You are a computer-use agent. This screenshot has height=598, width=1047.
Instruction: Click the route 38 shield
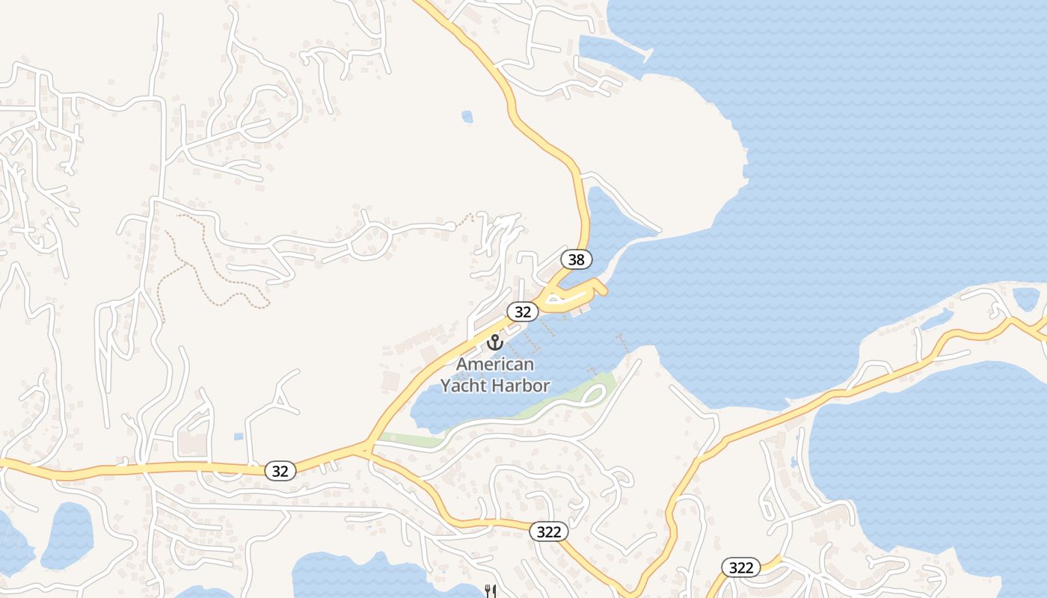point(576,259)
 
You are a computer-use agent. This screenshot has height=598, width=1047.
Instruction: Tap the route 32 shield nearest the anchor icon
point(523,311)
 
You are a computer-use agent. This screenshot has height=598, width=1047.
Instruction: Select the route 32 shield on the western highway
point(280,471)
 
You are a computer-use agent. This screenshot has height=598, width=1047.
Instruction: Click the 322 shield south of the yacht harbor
point(549,531)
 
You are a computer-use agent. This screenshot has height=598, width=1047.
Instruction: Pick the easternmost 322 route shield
point(740,567)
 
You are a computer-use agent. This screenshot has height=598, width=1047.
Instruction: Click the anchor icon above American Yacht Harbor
point(494,342)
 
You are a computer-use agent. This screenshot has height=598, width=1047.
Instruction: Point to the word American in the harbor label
point(495,365)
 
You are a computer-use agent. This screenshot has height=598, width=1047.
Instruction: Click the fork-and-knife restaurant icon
point(491,591)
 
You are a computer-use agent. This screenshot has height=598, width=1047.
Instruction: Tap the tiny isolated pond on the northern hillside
point(467,117)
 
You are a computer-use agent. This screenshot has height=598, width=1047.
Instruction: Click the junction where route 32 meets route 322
point(364,449)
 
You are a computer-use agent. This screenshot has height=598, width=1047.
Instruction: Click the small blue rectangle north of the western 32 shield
point(238,436)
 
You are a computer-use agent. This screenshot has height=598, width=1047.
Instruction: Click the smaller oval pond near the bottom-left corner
point(67,534)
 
